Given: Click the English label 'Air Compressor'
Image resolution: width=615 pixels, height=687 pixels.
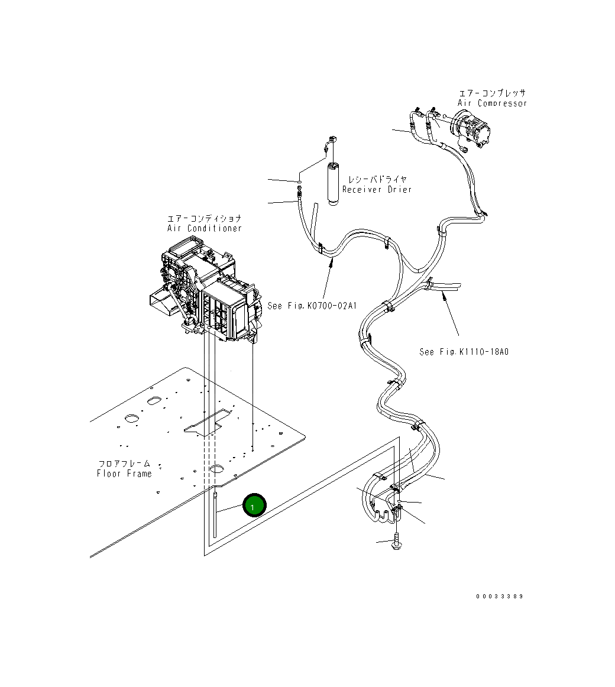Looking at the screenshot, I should pyautogui.click(x=491, y=103).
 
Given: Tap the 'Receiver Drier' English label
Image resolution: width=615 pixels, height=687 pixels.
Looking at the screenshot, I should pyautogui.click(x=377, y=189).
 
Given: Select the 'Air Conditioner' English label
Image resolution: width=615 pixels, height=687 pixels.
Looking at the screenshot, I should pyautogui.click(x=204, y=228).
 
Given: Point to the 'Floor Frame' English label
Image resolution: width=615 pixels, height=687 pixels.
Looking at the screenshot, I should pyautogui.click(x=124, y=473).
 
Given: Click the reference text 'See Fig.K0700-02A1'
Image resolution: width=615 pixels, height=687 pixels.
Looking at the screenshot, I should pyautogui.click(x=313, y=306).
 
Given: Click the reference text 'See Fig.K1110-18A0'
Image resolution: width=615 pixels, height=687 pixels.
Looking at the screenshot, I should pyautogui.click(x=464, y=352).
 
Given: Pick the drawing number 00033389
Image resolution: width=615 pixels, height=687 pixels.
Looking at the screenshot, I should pyautogui.click(x=499, y=596).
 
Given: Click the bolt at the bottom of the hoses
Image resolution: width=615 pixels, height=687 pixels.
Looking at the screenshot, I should pyautogui.click(x=395, y=544).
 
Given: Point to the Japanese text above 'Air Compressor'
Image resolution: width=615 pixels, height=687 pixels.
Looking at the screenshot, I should pyautogui.click(x=492, y=93).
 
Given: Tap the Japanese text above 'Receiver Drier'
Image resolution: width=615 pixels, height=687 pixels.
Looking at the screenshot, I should pyautogui.click(x=377, y=179).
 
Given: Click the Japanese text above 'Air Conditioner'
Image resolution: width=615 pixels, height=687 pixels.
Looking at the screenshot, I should pyautogui.click(x=204, y=218).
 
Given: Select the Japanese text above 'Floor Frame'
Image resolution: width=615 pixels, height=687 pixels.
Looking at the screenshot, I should pyautogui.click(x=124, y=464).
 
